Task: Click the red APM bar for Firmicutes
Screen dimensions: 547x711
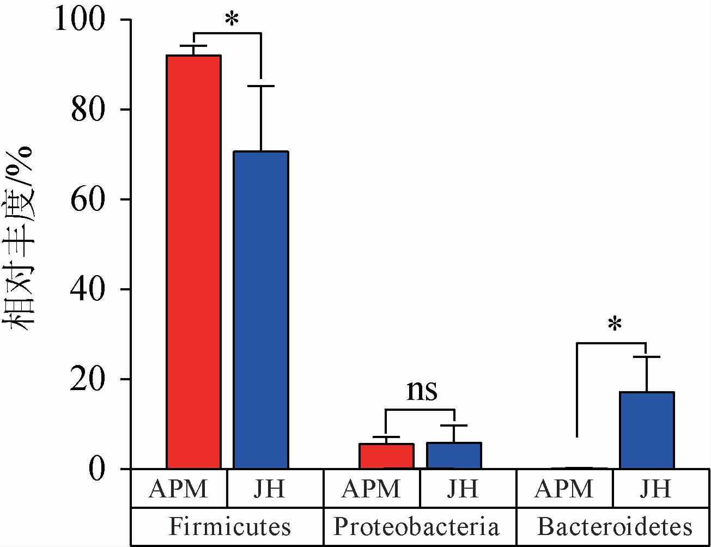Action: click(x=193, y=262)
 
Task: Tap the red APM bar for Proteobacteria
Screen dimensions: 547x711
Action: click(x=386, y=456)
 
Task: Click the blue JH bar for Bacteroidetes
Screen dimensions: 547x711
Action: click(x=647, y=430)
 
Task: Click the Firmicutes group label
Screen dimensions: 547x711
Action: click(x=229, y=527)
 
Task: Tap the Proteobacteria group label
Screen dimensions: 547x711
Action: click(x=416, y=527)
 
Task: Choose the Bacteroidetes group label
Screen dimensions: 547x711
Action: click(x=615, y=527)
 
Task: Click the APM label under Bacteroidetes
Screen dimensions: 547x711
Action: click(x=563, y=489)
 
